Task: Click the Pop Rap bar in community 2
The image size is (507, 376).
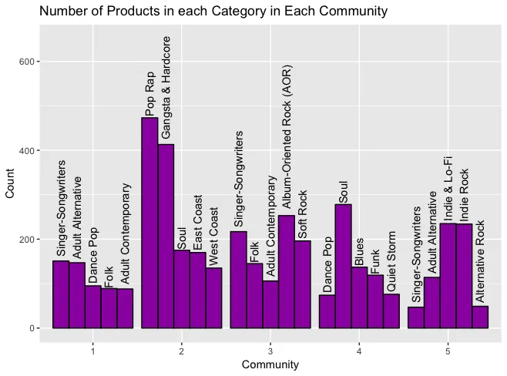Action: pos(149,223)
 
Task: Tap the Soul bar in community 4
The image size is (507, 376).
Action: pos(343,266)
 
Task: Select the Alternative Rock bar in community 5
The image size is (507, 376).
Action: pos(480,317)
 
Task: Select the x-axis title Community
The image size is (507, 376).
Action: pos(270,364)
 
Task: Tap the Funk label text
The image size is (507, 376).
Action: pos(375,260)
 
